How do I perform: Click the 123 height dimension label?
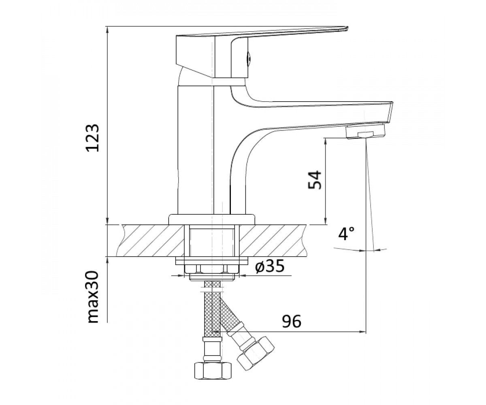click(x=92, y=138)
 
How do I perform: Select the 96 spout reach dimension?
click(x=292, y=321)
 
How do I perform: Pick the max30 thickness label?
click(x=93, y=297)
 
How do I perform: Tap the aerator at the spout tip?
click(x=365, y=132)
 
